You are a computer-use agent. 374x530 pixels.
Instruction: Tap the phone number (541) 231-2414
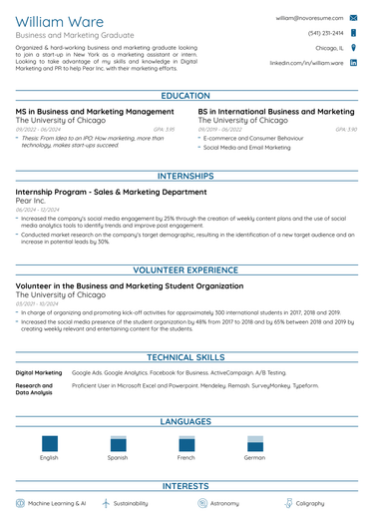point(325,33)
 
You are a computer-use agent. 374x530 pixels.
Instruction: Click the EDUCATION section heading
point(187,96)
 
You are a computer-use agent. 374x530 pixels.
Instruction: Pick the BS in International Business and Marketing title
point(276,112)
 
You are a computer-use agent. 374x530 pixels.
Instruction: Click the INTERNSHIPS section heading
point(187,177)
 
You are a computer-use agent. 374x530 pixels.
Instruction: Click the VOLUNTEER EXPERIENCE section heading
point(187,269)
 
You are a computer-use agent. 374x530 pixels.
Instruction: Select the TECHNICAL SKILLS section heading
point(187,356)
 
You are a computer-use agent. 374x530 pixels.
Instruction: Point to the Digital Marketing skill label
point(39,371)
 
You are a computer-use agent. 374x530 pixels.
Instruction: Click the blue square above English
point(49,444)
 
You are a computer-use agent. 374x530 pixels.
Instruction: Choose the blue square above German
point(254,444)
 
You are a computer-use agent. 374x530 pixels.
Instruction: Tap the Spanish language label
point(118,457)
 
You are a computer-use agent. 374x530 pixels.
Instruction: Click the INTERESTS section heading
point(187,486)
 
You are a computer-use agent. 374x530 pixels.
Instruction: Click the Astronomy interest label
point(223,504)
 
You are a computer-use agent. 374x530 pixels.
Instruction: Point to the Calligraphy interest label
point(309,504)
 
